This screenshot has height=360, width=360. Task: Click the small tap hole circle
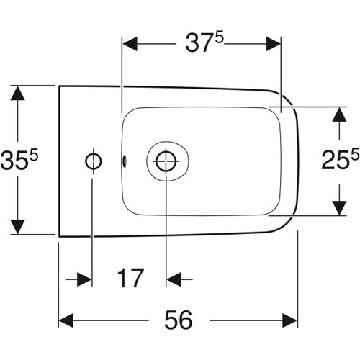(92, 161)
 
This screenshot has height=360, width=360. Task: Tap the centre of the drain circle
(166, 161)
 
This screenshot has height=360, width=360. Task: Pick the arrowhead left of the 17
(85, 278)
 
